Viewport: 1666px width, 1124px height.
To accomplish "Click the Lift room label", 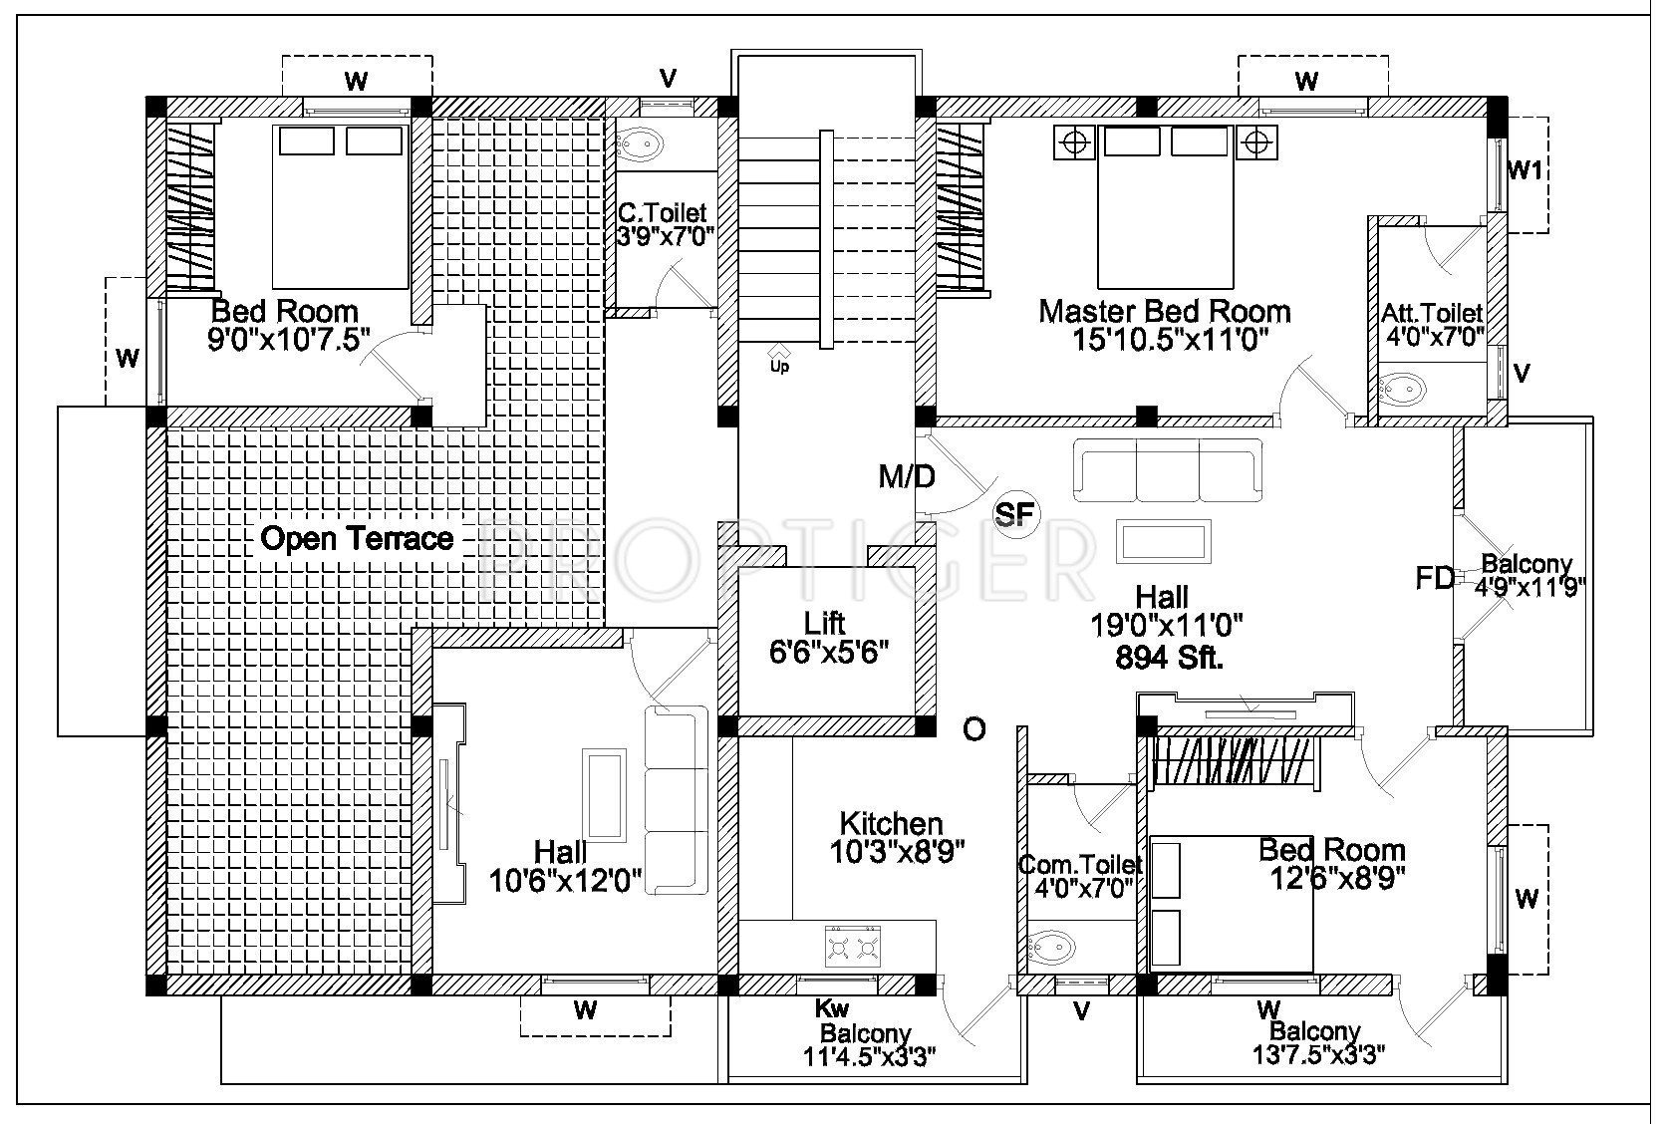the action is pyautogui.click(x=825, y=623).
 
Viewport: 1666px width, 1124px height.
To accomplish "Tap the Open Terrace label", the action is pyautogui.click(x=357, y=538).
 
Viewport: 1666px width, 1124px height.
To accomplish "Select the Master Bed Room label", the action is pyautogui.click(x=1165, y=311).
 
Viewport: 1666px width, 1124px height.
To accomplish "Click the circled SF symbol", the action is pyautogui.click(x=1015, y=513).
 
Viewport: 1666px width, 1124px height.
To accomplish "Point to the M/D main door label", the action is pyautogui.click(x=907, y=477).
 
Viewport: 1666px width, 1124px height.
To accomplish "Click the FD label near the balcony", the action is pyautogui.click(x=1435, y=578).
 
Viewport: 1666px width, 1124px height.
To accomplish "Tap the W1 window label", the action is pyautogui.click(x=1525, y=171).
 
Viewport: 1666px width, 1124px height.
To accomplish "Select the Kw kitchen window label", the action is pyautogui.click(x=832, y=1008).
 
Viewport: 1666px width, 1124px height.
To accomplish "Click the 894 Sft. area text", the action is pyautogui.click(x=1169, y=658).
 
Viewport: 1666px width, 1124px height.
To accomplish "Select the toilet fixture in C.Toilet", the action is pyautogui.click(x=639, y=145).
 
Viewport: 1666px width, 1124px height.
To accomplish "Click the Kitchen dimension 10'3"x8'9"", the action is pyautogui.click(x=897, y=852).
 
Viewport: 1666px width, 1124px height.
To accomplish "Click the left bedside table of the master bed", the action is pyautogui.click(x=1075, y=142).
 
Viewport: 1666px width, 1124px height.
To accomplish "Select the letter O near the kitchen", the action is pyautogui.click(x=974, y=729).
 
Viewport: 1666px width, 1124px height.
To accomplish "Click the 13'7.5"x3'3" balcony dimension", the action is pyautogui.click(x=1318, y=1055).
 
